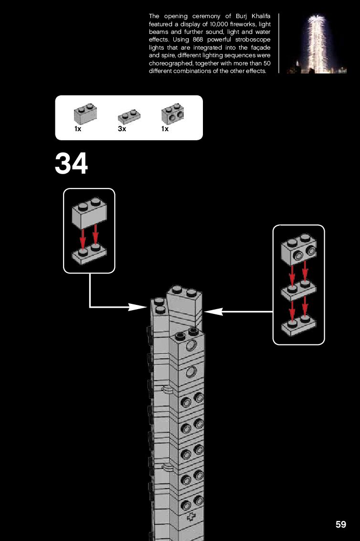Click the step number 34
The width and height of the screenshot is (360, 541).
point(72,164)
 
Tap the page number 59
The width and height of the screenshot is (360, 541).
point(340,524)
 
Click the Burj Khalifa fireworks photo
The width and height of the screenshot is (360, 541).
point(316,43)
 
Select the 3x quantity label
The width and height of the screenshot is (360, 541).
point(122,129)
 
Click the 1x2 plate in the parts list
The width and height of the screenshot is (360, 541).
point(129,117)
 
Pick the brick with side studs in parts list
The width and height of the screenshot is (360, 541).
point(172,114)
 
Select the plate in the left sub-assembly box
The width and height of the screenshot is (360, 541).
point(89,253)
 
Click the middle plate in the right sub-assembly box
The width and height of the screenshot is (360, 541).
point(298,289)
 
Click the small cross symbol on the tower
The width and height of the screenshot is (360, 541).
point(192,517)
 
